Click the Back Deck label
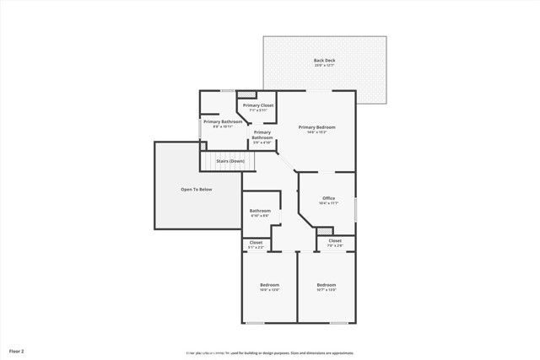click(x=324, y=60)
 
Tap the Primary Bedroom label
click(x=316, y=126)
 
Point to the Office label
click(x=328, y=198)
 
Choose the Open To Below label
click(x=196, y=189)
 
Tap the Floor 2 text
click(x=17, y=350)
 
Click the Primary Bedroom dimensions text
click(x=316, y=132)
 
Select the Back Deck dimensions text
click(x=324, y=66)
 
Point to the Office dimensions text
click(x=328, y=203)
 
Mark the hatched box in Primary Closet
click(x=246, y=94)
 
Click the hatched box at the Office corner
click(x=327, y=230)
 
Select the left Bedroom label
click(x=269, y=285)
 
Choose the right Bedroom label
click(x=327, y=285)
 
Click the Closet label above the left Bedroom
click(x=256, y=243)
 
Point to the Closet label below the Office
click(x=335, y=240)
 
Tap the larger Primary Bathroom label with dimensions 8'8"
click(x=223, y=122)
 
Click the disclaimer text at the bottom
click(x=270, y=352)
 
